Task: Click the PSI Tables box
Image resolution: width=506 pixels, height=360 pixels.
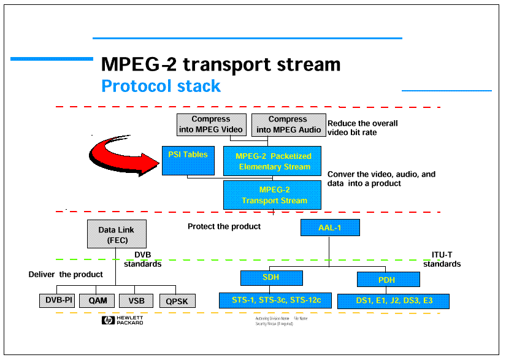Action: pos(188,160)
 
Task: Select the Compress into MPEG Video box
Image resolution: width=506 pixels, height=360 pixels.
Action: pos(211,124)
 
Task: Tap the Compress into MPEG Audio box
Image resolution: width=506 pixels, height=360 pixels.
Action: pos(288,124)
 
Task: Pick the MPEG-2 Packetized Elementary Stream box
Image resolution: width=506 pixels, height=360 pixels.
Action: pos(273,161)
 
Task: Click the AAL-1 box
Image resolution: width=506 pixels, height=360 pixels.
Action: pos(329,228)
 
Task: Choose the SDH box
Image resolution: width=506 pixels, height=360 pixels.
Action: pos(272,278)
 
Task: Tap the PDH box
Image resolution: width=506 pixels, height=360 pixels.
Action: pos(388,280)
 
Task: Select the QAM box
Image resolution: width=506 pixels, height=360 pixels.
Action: pos(97,301)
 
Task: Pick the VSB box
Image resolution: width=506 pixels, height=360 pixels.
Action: pos(136,301)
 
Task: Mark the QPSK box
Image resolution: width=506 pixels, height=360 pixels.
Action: pos(177,301)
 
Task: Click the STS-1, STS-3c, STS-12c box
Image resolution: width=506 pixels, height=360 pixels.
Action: pos(275,301)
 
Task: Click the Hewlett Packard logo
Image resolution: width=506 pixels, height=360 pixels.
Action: pos(123,320)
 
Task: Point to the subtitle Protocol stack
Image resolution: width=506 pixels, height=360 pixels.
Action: pos(161,86)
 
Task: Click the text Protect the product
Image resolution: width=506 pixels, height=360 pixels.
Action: pos(224,226)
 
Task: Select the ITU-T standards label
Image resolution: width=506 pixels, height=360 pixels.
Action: pos(442,259)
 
